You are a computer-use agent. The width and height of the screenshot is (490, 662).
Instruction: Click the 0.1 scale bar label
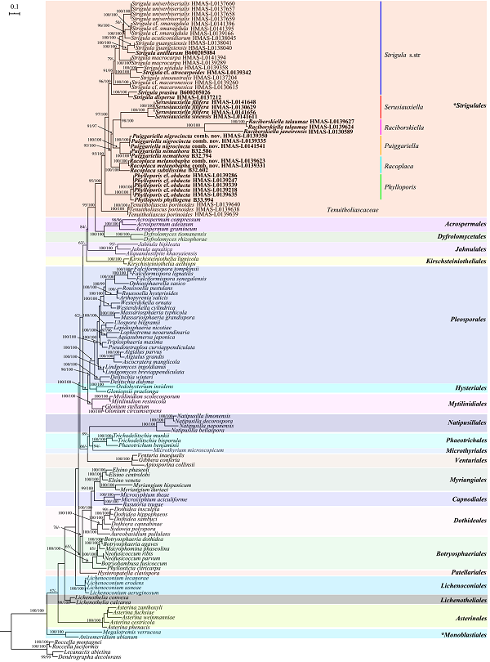pyautogui.click(x=13, y=6)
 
